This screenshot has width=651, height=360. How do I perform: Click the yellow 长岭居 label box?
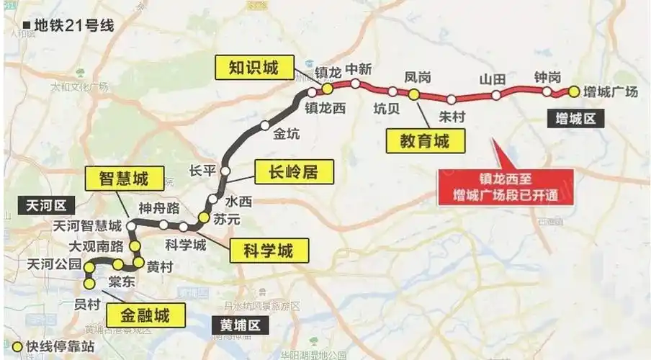point(286,171)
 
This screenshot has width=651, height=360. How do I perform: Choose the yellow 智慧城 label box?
point(126,178)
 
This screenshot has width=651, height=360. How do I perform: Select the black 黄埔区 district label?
point(235,326)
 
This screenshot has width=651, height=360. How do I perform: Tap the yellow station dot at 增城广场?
point(573,91)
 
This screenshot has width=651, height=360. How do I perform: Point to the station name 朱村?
point(452,115)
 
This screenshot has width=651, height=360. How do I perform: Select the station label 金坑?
point(287,133)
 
